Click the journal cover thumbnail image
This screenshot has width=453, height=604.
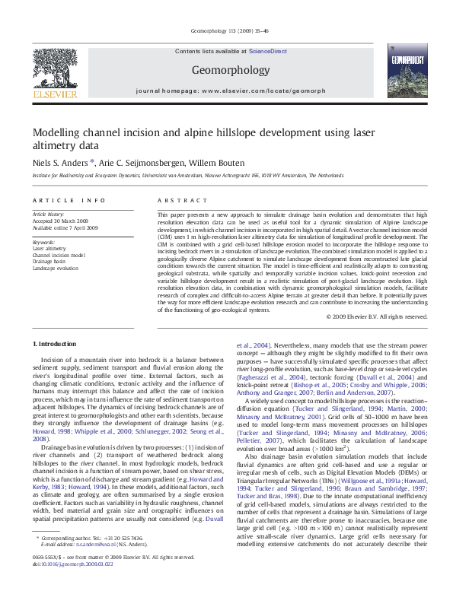point(400,73)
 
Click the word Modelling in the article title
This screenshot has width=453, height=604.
point(55,132)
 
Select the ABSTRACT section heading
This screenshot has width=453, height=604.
point(177,200)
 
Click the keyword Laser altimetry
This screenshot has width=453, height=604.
point(49,248)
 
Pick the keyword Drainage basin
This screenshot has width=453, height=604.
point(49,262)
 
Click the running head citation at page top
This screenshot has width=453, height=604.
point(226,33)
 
